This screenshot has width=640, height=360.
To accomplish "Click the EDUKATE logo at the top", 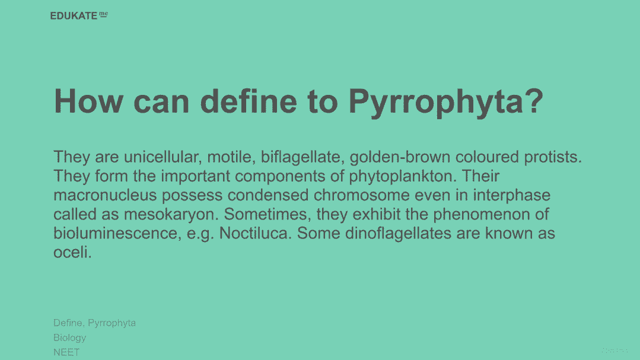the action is [x=79, y=15].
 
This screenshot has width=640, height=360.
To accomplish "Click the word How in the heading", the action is [x=88, y=101].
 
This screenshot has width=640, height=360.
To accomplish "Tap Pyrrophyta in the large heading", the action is [x=445, y=103].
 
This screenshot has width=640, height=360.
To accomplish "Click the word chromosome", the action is [x=362, y=196].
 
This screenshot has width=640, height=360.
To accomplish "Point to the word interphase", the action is [x=512, y=196].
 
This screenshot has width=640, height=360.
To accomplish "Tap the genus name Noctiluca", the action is [x=256, y=234].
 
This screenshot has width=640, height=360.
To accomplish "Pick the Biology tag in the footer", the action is [x=70, y=338].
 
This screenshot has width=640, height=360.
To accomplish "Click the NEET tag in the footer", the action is [x=66, y=352].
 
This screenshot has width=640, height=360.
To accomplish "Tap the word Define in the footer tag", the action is [x=69, y=323].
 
